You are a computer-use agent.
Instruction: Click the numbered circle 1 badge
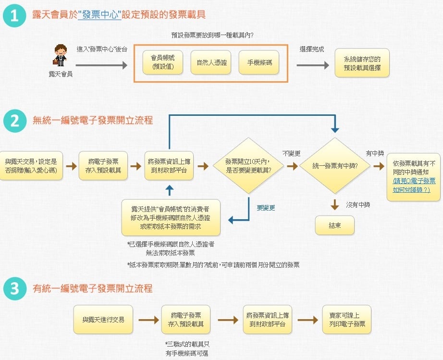point(14,15)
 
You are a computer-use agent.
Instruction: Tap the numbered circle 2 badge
point(14,121)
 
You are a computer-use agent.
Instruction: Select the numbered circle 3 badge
point(14,288)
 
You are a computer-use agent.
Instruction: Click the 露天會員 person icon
point(61,54)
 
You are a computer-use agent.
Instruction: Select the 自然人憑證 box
point(211,62)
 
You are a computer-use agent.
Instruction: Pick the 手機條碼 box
point(259,62)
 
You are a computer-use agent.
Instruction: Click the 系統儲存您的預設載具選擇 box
point(362,63)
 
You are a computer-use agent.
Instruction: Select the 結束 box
point(334,225)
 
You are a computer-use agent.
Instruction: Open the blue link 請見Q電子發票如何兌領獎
point(414,185)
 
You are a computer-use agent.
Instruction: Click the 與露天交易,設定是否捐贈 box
point(31,166)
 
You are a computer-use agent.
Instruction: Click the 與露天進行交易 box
point(103,319)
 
